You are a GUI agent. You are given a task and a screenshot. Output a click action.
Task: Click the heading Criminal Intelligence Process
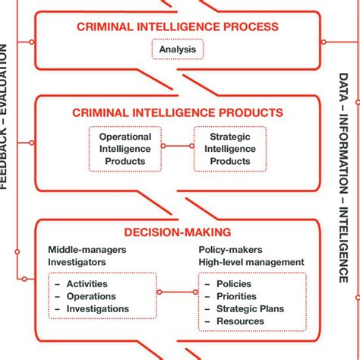[x=178, y=27]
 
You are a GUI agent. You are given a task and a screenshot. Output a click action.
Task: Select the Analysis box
[x=178, y=51]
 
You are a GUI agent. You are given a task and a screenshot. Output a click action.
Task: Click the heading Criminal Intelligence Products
[x=178, y=112]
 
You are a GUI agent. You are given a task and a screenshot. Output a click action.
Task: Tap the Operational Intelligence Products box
[x=125, y=148]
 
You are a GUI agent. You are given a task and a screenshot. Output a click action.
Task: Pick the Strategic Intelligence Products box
[x=229, y=148]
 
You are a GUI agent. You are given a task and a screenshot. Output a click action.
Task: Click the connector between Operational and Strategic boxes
[x=177, y=146]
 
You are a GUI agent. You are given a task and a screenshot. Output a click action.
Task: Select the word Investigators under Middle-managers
[x=77, y=262]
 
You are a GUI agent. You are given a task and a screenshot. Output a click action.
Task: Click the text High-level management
[x=251, y=262]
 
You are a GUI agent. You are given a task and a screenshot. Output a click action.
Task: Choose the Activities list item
[x=87, y=284]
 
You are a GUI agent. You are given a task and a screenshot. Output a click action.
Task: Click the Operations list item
[x=91, y=296]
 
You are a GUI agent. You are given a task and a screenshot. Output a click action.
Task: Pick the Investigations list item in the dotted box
[x=97, y=308]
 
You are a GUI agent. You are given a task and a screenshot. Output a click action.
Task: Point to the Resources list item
[x=240, y=321]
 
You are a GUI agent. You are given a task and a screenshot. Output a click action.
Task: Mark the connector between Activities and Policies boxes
[x=177, y=292]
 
